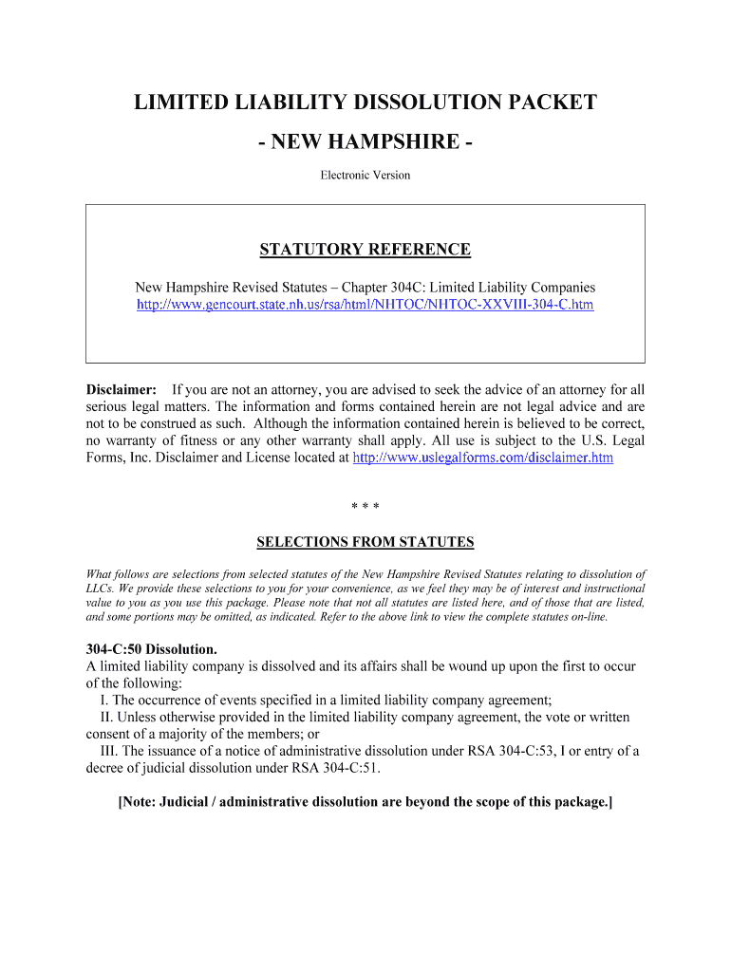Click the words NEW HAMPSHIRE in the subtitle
click(365, 142)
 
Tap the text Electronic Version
click(365, 175)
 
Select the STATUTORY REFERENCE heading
click(365, 250)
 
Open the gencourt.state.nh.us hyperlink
click(365, 305)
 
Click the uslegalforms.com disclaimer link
click(482, 458)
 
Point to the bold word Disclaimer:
click(122, 389)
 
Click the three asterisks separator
click(365, 507)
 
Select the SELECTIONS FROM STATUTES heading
click(365, 542)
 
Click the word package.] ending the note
click(581, 802)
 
